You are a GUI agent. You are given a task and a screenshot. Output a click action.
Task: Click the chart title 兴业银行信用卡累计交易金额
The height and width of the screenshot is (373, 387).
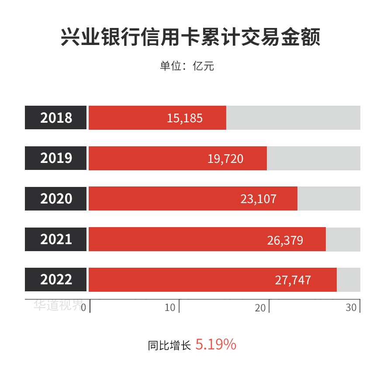point(190,38)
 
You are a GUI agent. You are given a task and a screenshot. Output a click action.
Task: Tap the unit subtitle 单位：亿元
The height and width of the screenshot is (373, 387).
point(187,66)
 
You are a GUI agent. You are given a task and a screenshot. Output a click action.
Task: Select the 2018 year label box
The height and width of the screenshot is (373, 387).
point(56,118)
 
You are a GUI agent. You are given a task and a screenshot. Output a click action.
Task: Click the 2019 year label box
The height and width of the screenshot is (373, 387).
point(56,158)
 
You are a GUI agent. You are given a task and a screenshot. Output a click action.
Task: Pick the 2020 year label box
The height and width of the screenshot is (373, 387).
point(56,199)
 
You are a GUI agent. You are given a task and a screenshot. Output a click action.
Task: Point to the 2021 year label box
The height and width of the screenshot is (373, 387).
point(56,239)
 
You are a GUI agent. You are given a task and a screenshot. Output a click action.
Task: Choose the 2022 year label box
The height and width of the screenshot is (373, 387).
point(56,280)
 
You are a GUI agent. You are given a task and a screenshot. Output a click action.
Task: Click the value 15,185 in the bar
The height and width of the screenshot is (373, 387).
point(185,118)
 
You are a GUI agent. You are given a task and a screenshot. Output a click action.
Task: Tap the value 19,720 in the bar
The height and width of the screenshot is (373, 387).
point(225,159)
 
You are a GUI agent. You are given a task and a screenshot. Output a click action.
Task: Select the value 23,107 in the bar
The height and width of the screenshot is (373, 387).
point(259,199)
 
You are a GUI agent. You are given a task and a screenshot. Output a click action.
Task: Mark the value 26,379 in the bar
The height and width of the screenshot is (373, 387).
point(285,240)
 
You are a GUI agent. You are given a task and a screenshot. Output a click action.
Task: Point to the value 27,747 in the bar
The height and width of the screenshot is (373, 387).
point(293,280)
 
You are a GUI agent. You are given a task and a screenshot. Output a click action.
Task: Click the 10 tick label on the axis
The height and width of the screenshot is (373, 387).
point(170,307)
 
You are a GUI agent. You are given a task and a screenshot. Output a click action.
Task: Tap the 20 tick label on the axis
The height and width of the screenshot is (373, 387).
point(260,307)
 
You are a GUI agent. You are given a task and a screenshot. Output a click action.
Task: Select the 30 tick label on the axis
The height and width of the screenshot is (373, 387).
point(351,307)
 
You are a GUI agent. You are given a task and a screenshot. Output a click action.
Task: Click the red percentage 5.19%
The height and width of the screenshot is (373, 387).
point(216,345)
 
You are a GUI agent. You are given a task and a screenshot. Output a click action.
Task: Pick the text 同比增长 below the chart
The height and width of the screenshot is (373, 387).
point(169,346)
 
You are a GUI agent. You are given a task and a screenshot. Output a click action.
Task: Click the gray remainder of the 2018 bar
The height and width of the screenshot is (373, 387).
point(293,118)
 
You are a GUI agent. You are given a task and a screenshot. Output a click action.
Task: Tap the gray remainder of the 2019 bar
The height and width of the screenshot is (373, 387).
point(314,158)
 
